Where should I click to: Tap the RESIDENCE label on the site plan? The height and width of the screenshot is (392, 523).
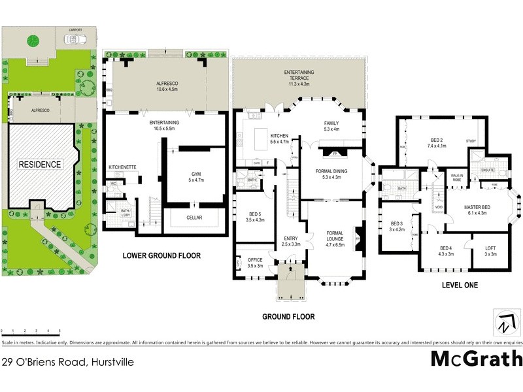click(39, 165)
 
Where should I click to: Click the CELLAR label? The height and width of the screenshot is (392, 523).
click(194, 218)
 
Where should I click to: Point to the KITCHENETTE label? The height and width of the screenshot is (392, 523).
click(122, 167)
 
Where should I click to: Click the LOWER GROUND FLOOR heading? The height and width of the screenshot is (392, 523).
click(161, 255)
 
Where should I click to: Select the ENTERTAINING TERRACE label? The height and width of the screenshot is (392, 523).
click(299, 74)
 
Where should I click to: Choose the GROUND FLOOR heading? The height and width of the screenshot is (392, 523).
click(288, 317)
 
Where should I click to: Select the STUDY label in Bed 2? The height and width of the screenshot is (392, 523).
click(471, 140)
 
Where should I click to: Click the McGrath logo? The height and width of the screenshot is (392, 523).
click(477, 358)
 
